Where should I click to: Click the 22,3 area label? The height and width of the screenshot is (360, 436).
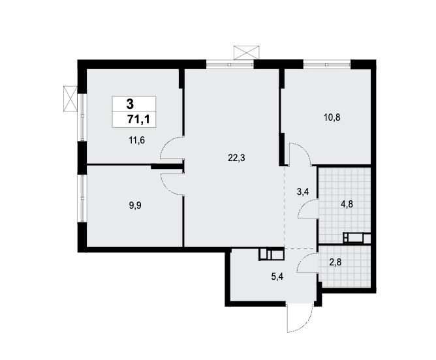coord(236,158)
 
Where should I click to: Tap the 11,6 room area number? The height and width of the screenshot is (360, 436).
coord(137,140)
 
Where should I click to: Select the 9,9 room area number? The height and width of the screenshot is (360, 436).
coord(135,205)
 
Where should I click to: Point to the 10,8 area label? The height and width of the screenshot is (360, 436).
coord(332,117)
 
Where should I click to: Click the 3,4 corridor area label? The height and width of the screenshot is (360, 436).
coord(303,192)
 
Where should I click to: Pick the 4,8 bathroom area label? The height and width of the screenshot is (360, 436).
coord(347,204)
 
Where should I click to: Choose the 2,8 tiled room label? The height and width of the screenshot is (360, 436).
coord(335,262)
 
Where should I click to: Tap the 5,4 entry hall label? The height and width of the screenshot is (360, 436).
coord(277,277)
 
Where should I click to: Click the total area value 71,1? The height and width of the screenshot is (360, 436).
coord(138,119)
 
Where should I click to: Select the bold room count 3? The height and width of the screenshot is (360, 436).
coord(130,104)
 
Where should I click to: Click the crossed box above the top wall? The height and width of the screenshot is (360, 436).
coord(246,53)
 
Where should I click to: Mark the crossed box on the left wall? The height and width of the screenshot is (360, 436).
coord(70,98)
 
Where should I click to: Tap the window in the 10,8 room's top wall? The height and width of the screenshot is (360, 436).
coord(327,65)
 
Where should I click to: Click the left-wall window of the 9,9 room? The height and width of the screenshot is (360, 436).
coord(82,198)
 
